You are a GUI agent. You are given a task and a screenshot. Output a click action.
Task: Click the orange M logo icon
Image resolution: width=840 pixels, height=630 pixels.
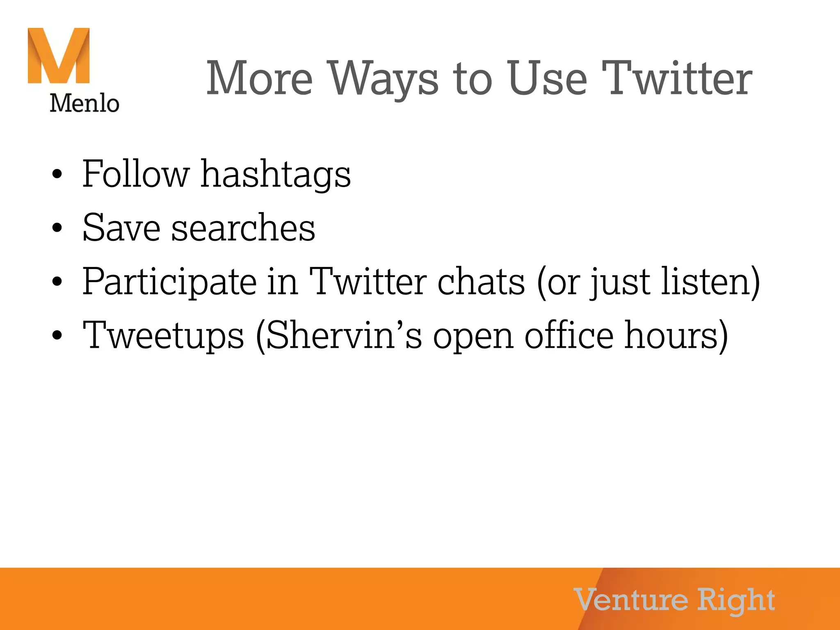click(59, 56)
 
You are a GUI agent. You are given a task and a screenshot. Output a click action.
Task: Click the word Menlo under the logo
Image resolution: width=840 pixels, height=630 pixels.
click(84, 103)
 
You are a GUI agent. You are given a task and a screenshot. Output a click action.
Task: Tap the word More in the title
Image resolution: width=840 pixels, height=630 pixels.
click(260, 78)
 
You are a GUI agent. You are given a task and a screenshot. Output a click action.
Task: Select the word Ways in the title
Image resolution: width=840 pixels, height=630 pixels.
click(384, 78)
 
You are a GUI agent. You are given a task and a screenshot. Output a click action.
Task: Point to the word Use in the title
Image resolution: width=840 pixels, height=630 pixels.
click(547, 78)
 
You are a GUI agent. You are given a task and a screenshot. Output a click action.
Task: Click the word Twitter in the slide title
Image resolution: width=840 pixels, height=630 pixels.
click(677, 78)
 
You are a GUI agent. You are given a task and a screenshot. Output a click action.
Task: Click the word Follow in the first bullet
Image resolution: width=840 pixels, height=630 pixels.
click(136, 174)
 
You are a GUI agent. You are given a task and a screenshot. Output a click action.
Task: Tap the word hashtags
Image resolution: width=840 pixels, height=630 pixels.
click(276, 175)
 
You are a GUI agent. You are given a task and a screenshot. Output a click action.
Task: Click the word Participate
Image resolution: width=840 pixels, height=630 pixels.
click(169, 282)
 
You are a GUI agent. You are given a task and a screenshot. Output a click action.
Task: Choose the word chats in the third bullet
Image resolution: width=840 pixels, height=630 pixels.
click(481, 282)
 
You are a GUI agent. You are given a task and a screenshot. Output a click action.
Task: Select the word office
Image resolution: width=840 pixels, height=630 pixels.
click(569, 336)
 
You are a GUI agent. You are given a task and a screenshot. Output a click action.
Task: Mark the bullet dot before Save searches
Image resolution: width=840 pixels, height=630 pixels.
click(57, 228)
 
